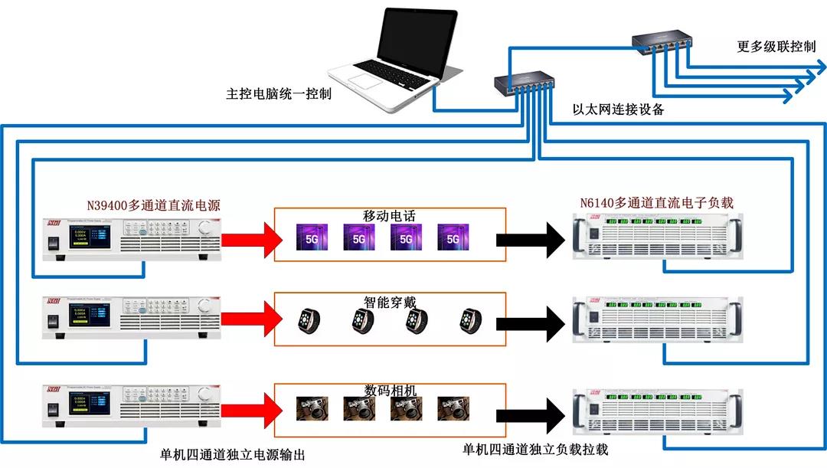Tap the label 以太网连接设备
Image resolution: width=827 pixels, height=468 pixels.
619,109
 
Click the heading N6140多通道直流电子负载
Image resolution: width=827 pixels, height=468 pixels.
657,203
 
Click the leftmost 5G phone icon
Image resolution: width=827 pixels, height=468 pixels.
312,237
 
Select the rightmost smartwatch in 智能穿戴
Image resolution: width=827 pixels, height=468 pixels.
470,320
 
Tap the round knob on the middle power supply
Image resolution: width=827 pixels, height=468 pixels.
204,306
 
